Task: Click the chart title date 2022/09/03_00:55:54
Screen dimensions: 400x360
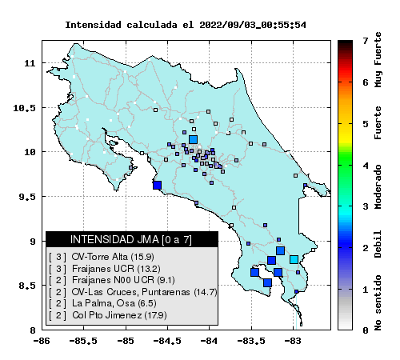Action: tap(253, 25)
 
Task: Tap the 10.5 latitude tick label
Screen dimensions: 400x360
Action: tap(24, 108)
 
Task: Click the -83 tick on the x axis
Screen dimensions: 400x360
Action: tap(292, 341)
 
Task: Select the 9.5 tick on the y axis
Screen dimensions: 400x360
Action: tap(27, 197)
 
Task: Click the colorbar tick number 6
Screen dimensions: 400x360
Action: tap(366, 82)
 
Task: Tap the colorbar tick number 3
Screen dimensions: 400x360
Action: tap(366, 206)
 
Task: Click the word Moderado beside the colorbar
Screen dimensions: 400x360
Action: tap(378, 187)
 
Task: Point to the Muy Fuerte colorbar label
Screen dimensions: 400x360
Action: tap(378, 60)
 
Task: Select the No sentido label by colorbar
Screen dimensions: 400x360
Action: tap(378, 302)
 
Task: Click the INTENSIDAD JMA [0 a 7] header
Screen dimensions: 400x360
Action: tap(131, 239)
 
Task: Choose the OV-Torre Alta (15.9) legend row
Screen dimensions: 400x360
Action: tap(102, 257)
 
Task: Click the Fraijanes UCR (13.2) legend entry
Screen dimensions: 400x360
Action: tap(105, 269)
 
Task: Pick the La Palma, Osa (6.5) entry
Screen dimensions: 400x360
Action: tap(102, 303)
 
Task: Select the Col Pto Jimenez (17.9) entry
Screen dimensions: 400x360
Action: tap(108, 315)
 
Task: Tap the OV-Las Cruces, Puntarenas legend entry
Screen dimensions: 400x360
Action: tap(133, 292)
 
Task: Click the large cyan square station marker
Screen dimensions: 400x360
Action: tap(294, 259)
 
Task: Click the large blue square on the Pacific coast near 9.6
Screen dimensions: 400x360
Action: tap(157, 185)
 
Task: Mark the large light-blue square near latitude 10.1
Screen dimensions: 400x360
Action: tap(193, 139)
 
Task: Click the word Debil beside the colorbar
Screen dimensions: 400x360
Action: tap(378, 244)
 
